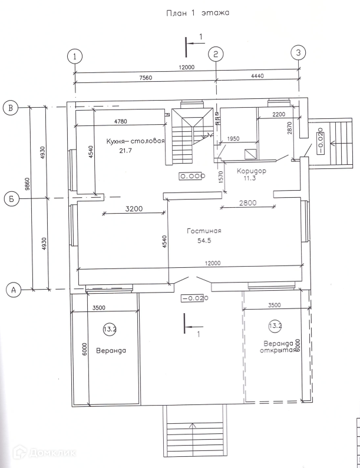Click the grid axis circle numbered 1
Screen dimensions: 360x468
pyautogui.click(x=75, y=57)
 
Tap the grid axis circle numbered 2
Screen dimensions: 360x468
pyautogui.click(x=216, y=54)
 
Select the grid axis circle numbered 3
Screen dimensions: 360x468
pyautogui.click(x=299, y=53)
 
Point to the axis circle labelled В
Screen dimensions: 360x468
pyautogui.click(x=11, y=107)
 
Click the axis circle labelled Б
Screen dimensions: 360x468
pyautogui.click(x=11, y=198)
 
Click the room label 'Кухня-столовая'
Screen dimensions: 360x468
pyautogui.click(x=135, y=141)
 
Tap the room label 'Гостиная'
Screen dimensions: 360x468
pyautogui.click(x=204, y=231)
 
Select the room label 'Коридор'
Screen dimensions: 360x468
pyautogui.click(x=252, y=171)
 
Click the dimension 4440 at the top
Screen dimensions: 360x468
pyautogui.click(x=258, y=77)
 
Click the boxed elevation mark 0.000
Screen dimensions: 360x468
pyautogui.click(x=191, y=176)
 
